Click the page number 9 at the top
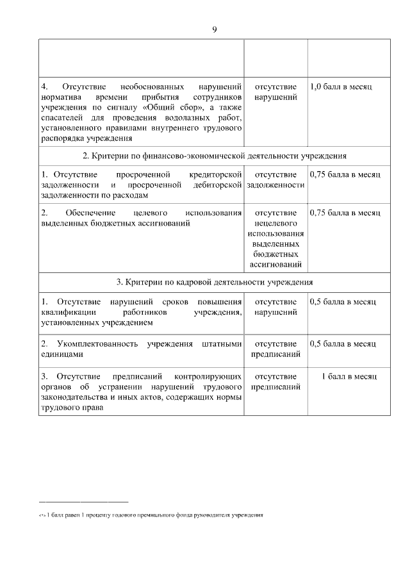pyautogui.click(x=214, y=29)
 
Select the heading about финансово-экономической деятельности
pyautogui.click(x=214, y=156)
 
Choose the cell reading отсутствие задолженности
pyautogui.click(x=275, y=179)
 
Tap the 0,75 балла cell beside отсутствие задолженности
pyautogui.click(x=345, y=174)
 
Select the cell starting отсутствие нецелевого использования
pyautogui.click(x=275, y=238)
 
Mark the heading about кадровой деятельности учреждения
pyautogui.click(x=214, y=281)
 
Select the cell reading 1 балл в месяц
pyautogui.click(x=348, y=376)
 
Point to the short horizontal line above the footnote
pyautogui.click(x=83, y=501)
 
